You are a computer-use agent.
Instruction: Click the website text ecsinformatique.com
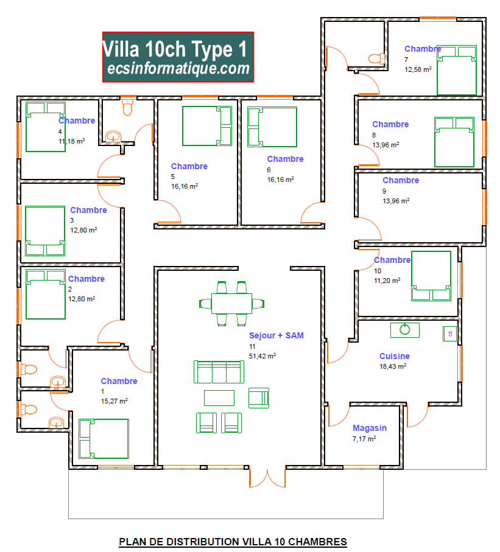(178, 69)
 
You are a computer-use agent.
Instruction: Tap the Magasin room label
(370, 428)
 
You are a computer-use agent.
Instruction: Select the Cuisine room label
(394, 356)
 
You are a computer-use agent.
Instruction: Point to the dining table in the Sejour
(231, 302)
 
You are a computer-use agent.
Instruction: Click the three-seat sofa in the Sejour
(219, 371)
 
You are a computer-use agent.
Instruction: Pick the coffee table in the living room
(219, 397)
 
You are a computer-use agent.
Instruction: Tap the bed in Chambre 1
(104, 438)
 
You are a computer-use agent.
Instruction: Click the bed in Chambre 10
(431, 276)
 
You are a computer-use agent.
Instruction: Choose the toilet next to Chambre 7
(376, 58)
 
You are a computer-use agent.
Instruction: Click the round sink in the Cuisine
(405, 329)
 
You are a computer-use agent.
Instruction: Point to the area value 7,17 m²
(364, 439)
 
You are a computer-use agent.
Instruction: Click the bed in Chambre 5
(208, 125)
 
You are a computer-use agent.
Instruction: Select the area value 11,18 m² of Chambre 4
(71, 141)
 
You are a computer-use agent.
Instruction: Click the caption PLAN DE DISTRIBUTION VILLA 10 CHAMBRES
(233, 541)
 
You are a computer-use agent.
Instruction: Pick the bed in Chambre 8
(454, 142)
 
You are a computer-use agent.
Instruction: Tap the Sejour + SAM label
(276, 335)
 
